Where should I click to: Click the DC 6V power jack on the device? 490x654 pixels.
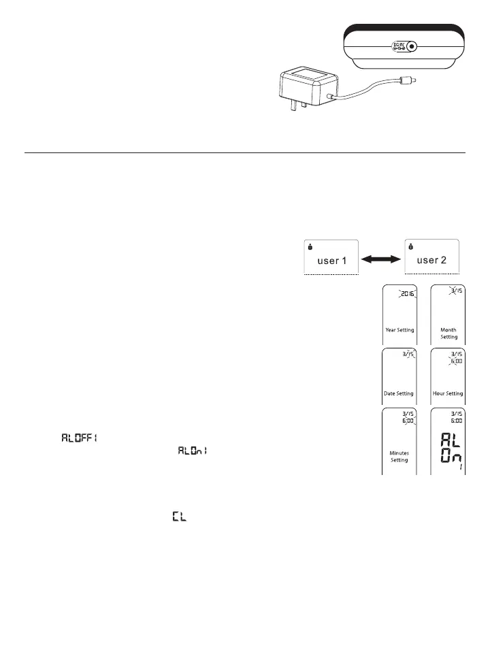pos(411,47)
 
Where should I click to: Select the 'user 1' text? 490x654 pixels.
pos(330,259)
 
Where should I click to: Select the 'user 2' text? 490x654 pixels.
pos(431,259)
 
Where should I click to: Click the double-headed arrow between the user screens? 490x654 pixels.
pos(380,259)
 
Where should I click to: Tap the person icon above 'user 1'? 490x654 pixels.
pos(309,246)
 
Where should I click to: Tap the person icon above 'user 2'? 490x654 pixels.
pos(411,246)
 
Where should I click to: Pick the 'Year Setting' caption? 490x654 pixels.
pos(399,329)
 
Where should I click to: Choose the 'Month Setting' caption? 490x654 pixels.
pos(448,333)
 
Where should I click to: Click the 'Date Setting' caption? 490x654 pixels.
pos(399,393)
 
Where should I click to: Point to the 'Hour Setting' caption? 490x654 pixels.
pos(448,393)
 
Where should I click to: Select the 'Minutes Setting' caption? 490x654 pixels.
pos(399,456)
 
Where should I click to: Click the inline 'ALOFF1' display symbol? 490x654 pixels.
pos(79,438)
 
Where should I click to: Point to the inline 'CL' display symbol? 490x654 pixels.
pos(179,518)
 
